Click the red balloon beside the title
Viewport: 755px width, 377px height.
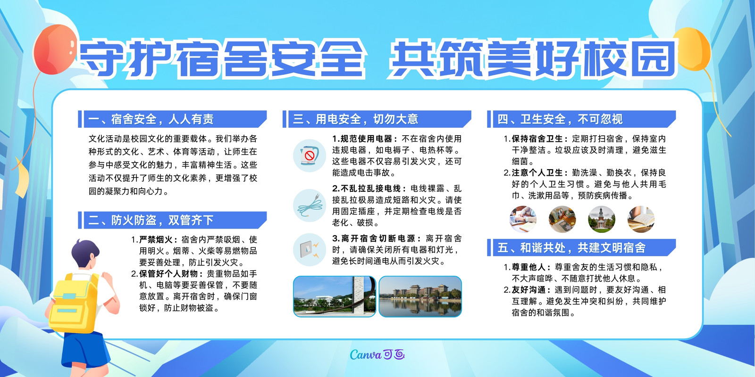pos(55,49)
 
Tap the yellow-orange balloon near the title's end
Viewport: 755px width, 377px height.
pos(693,49)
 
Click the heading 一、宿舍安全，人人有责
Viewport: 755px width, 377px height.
pos(151,119)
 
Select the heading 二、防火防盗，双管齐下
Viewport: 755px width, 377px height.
pos(151,220)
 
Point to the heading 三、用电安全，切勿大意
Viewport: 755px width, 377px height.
pos(355,119)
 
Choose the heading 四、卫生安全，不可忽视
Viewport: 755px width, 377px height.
pos(560,119)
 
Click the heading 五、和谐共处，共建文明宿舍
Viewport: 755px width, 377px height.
pos(571,248)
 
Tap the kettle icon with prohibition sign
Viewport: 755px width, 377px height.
pos(310,156)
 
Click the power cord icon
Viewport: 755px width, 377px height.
pos(310,205)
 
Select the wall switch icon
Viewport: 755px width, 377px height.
pos(310,250)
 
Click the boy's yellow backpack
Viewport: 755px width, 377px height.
pos(74,303)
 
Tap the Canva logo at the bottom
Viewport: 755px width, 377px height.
pos(377,354)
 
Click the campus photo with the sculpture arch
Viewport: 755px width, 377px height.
pos(335,296)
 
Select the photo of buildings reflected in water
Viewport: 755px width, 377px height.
pos(420,296)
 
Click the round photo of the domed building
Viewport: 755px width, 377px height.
pos(602,220)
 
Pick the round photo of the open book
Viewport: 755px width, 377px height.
pos(641,220)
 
